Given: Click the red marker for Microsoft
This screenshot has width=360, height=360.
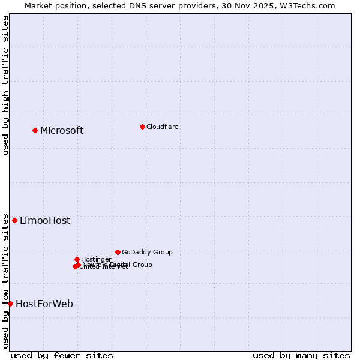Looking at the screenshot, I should click(x=35, y=130).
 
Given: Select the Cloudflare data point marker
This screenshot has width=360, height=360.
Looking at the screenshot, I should click(x=142, y=127).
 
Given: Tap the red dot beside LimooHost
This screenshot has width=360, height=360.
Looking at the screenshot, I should click(x=15, y=220).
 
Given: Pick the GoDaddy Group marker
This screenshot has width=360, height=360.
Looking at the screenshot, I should click(x=118, y=252).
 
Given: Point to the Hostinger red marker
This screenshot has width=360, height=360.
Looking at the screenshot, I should click(x=77, y=259).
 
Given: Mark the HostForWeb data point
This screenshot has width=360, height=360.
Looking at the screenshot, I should click(x=10, y=304).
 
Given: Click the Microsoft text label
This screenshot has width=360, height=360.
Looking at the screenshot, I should click(x=62, y=131).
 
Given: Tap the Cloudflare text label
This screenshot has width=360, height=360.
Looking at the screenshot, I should click(x=163, y=127).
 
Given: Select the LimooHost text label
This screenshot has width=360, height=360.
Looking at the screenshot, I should click(x=45, y=221).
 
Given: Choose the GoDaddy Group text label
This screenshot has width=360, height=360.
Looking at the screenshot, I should click(x=147, y=252).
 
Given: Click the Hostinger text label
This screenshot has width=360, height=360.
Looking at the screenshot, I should click(x=96, y=259).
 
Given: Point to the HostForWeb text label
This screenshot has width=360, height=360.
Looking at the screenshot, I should click(x=44, y=304).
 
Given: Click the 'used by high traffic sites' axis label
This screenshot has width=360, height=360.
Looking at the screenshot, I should click(x=6, y=85).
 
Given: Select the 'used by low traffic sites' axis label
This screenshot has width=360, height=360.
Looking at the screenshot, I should click(x=6, y=280).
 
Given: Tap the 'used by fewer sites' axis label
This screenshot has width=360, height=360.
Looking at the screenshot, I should click(x=62, y=355).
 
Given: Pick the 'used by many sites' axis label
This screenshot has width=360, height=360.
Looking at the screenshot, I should click(x=301, y=355).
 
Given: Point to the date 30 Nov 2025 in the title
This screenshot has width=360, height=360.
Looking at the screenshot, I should click(x=247, y=5).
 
